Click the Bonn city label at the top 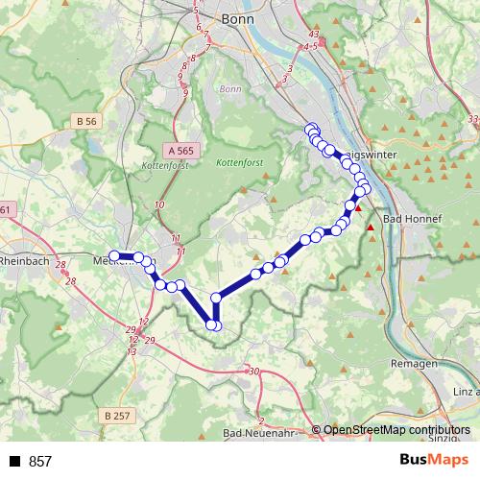(x=236, y=18)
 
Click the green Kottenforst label (x=239, y=163)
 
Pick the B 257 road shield (x=114, y=415)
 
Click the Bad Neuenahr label (x=252, y=435)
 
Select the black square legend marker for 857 (x=14, y=462)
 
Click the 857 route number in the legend (x=40, y=462)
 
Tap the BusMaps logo (x=434, y=461)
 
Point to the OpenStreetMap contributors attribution (x=396, y=430)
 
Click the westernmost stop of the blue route (x=114, y=255)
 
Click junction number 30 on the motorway (x=253, y=372)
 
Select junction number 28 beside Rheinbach (x=60, y=265)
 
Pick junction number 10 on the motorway (x=159, y=205)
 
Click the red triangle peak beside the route (x=358, y=207)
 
